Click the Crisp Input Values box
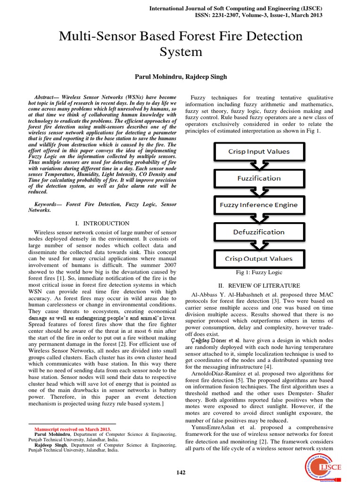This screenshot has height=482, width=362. point(259,152)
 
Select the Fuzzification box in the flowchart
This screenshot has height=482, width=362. point(259,178)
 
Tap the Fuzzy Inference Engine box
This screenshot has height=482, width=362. point(259,205)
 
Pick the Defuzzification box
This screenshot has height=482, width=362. point(259,232)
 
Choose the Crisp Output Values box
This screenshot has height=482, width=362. point(259,258)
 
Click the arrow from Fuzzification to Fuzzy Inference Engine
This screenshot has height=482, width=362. point(259,192)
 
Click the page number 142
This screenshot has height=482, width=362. point(181,473)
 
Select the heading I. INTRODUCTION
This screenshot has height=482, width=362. point(102,223)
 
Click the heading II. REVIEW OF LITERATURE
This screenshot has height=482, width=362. point(258,286)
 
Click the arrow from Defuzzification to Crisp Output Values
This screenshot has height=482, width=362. point(259,245)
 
